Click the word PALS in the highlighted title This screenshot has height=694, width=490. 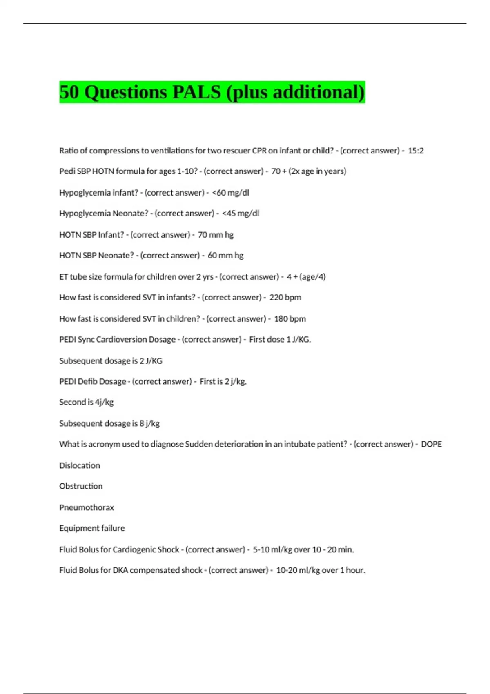tap(197, 92)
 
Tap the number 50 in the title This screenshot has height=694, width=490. tap(69, 92)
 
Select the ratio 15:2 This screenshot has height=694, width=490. tap(416, 151)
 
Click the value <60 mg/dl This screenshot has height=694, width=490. tap(231, 193)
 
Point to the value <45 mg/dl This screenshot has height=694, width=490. tap(241, 214)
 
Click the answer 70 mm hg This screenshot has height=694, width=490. tap(216, 235)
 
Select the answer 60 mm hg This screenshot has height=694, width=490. tap(225, 256)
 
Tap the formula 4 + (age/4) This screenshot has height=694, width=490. tap(306, 277)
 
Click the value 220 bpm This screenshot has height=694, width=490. tap(285, 298)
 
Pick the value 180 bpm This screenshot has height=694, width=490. tap(290, 319)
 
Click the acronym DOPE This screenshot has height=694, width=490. tap(431, 444)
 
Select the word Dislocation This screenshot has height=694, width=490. tap(80, 465)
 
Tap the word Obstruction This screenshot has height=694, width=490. tap(81, 486)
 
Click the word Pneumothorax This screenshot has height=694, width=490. tap(87, 507)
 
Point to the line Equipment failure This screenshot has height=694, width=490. tap(92, 528)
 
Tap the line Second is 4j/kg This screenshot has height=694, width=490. tap(86, 402)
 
